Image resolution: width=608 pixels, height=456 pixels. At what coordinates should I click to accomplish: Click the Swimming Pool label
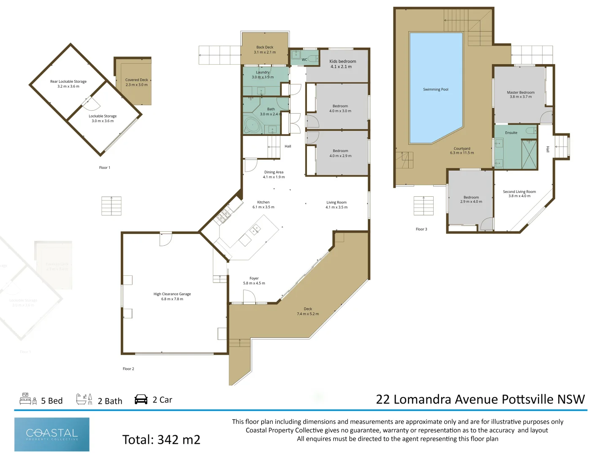pos(435,90)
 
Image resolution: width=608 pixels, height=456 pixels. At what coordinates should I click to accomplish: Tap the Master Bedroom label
pos(521,92)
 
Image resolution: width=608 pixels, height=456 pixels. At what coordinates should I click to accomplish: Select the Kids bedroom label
pos(342,62)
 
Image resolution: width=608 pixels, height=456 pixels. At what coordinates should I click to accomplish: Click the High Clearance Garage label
pos(172,294)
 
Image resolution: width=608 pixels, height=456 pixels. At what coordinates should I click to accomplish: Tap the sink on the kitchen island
pos(255,230)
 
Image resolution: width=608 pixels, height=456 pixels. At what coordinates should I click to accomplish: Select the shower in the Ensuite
pos(529,154)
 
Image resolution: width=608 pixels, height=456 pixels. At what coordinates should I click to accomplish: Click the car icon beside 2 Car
pos(141,399)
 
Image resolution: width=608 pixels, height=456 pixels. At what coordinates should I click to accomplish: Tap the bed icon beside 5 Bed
pos(28,399)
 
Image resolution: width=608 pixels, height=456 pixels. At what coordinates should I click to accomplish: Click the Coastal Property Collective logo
pos(52,434)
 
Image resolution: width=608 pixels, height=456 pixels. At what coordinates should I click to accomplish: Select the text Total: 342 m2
pos(161,440)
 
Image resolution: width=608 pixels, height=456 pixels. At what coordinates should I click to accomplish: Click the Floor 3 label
pos(421,229)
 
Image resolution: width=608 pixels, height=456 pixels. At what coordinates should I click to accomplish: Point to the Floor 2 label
pos(128,369)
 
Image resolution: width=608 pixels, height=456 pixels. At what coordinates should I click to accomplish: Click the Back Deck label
pos(265,47)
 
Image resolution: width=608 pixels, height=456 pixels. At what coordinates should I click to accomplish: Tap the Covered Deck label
pos(136,80)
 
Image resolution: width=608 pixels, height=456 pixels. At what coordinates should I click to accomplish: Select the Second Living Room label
pos(519,192)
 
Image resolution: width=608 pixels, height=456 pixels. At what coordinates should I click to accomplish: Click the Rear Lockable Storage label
pos(68,81)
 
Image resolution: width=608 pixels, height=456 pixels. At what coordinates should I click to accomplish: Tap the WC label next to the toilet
pos(304,60)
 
